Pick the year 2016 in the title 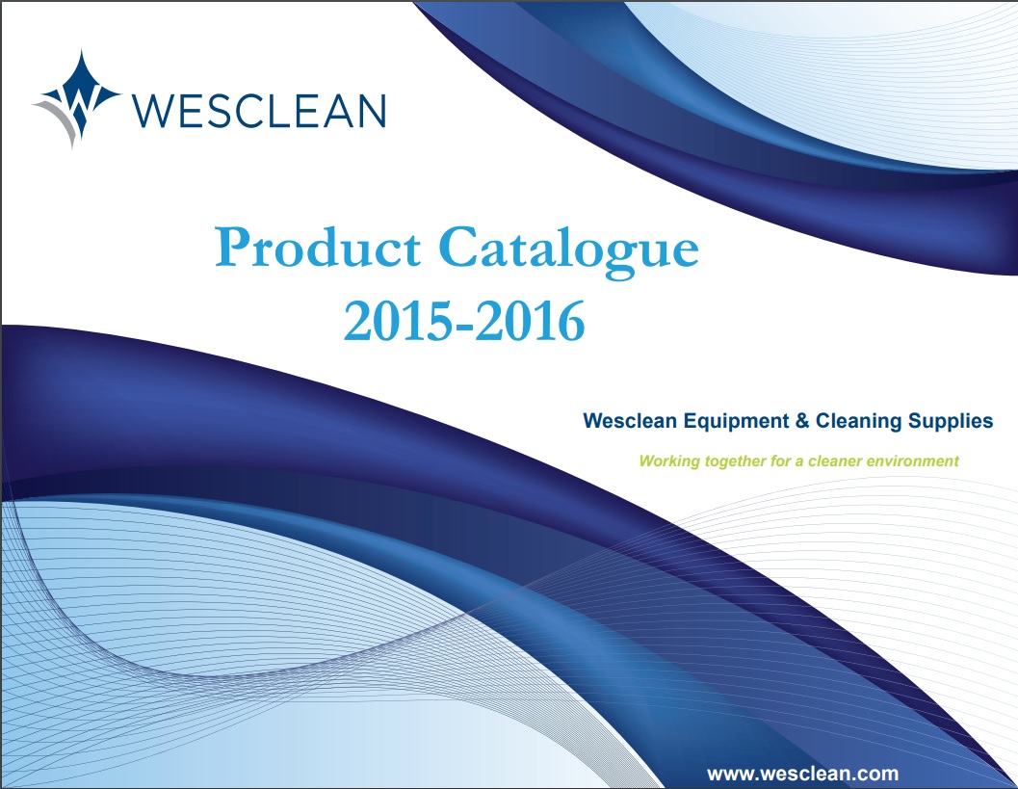(530, 321)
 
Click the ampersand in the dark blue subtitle (802, 421)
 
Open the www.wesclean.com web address (802, 774)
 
